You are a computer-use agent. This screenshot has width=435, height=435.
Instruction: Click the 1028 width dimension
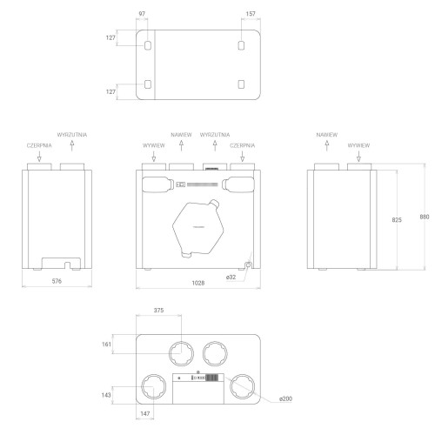(x=198, y=283)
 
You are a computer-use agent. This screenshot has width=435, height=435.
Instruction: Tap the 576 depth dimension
(x=57, y=281)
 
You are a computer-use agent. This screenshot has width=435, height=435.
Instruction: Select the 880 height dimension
(x=425, y=217)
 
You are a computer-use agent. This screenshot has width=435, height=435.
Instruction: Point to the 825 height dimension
(x=397, y=220)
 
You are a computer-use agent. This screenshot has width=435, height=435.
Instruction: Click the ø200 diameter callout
(x=285, y=398)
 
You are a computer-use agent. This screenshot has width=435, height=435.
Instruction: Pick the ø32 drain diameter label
(x=231, y=278)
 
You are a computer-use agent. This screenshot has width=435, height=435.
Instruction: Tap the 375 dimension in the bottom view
(x=158, y=311)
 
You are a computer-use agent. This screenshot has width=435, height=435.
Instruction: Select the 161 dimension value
(x=106, y=345)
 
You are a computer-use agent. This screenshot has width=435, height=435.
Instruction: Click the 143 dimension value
(x=106, y=395)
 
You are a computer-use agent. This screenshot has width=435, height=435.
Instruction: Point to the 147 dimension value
(x=145, y=413)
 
